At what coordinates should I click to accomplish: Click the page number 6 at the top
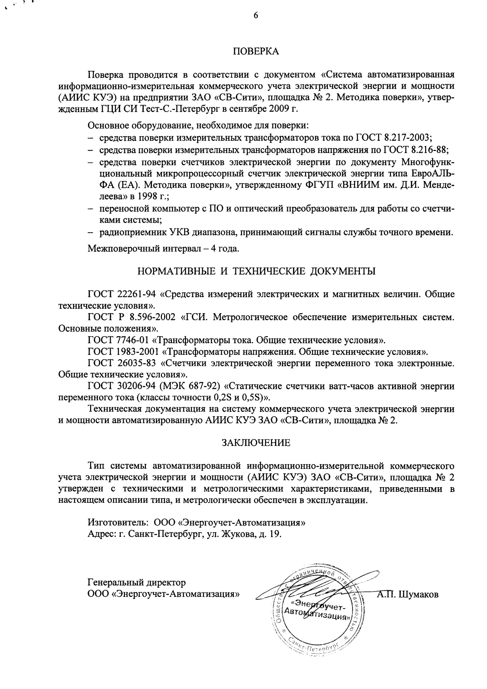click(x=256, y=16)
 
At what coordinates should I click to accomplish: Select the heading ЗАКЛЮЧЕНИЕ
click(x=256, y=443)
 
